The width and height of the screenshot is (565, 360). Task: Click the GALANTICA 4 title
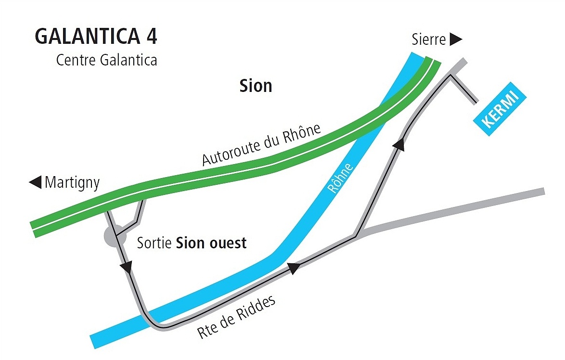[x=96, y=37]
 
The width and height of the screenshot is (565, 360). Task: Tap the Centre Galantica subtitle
[x=106, y=61]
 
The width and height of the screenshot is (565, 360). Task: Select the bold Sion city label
[x=256, y=86]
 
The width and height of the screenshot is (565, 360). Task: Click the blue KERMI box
[x=500, y=110]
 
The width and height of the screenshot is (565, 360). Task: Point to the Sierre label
[x=429, y=39]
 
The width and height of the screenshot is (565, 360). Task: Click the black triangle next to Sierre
[x=455, y=39]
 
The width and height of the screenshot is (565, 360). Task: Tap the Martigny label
[x=72, y=183]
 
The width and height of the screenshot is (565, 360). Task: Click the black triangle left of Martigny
[x=35, y=182]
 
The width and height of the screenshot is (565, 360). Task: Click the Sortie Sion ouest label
[x=192, y=243]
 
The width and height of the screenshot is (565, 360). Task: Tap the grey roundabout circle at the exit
[x=112, y=237]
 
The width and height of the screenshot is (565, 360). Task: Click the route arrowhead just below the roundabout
[x=128, y=267]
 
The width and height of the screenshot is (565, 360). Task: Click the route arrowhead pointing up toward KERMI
[x=399, y=143]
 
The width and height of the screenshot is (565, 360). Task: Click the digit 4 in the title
[x=151, y=37]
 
